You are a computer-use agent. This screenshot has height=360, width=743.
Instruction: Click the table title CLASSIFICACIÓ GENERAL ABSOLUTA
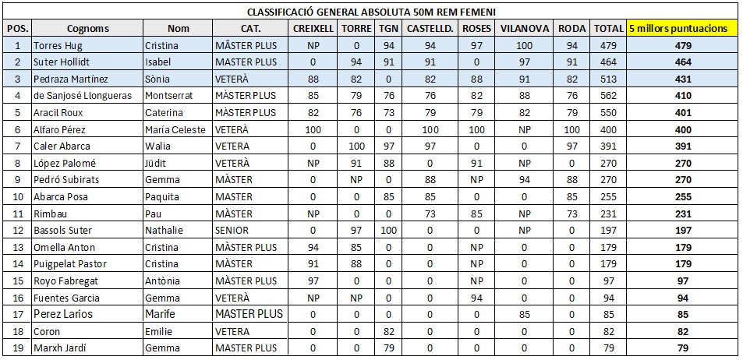(371, 12)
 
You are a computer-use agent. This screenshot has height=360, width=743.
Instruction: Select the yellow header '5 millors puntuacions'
(683, 28)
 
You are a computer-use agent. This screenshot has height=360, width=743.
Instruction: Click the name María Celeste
(177, 129)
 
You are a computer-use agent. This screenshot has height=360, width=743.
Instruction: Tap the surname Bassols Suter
(62, 231)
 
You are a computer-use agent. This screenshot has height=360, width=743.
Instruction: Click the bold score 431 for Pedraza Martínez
(683, 79)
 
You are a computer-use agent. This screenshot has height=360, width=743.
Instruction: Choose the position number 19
(17, 348)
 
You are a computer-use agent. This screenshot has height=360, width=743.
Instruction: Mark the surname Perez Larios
(62, 314)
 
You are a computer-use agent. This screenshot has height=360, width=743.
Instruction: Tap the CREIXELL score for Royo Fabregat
(313, 281)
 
